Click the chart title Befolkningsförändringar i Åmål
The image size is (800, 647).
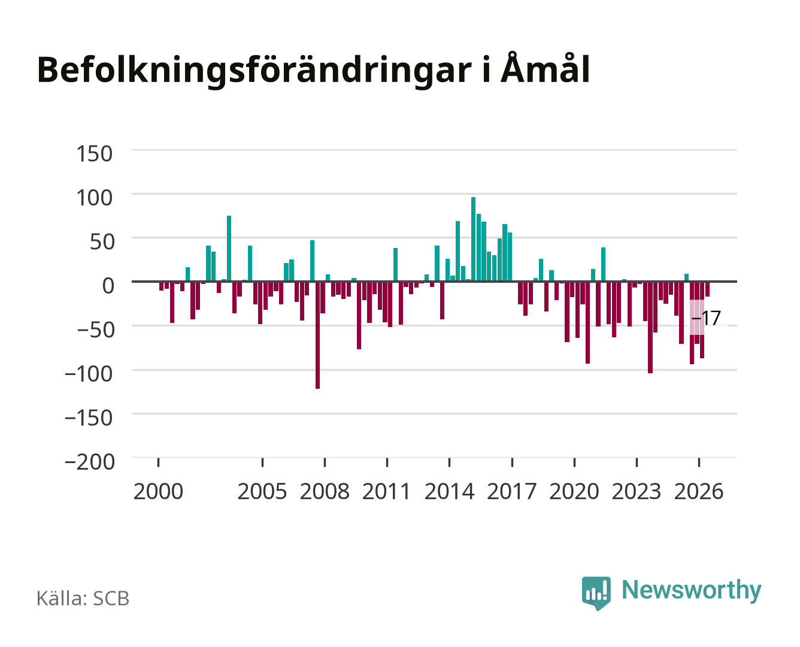[313, 70]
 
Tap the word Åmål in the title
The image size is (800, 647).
[546, 68]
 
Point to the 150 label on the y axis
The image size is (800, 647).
[94, 154]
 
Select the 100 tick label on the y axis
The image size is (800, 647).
[94, 198]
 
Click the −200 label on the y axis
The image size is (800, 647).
[89, 462]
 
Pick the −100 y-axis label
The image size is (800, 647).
[89, 374]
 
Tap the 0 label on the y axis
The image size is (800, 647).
[108, 286]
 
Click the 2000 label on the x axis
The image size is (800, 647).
[158, 491]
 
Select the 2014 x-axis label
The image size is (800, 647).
[450, 491]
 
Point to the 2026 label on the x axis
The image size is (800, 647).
[699, 491]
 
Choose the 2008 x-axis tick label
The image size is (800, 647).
[325, 491]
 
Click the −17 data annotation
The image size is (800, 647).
[706, 318]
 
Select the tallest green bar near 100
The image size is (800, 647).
[473, 239]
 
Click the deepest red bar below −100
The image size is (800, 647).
[318, 335]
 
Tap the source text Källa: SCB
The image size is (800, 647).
[83, 598]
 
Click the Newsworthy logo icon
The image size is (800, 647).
[596, 593]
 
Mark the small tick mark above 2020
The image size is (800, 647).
[574, 462]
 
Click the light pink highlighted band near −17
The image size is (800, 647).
[697, 317]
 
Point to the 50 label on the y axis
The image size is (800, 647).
[102, 241]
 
